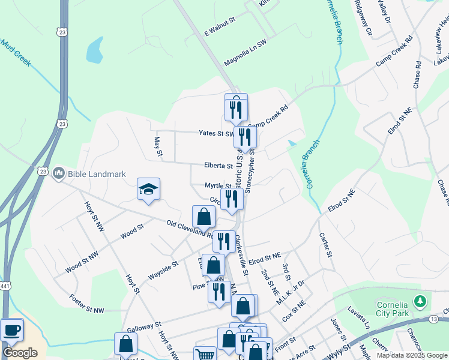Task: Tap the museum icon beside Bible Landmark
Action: point(58,173)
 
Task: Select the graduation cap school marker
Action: point(148,190)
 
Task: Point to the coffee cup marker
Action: point(11,329)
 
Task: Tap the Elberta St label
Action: point(219,166)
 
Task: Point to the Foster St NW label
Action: point(86,304)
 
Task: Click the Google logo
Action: point(20,352)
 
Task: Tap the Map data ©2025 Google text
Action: point(411,355)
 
